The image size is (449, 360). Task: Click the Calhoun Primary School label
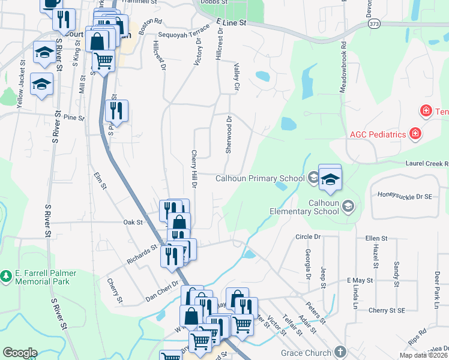pyautogui.click(x=260, y=178)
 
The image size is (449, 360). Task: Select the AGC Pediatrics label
pyautogui.click(x=378, y=134)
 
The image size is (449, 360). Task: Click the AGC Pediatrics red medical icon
pyautogui.click(x=415, y=133)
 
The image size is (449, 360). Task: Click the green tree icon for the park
pyautogui.click(x=7, y=276)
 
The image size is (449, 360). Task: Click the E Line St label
pyautogui.click(x=231, y=23)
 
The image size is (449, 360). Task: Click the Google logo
pyautogui.click(x=20, y=352)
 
